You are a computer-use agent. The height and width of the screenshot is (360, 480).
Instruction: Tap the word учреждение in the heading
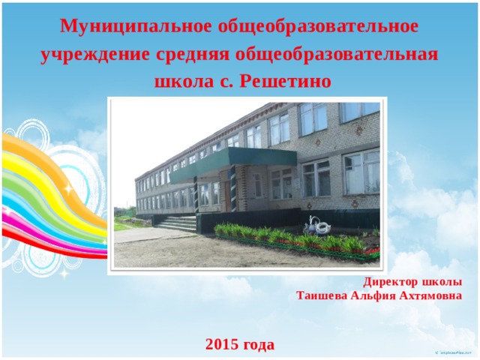[x=95, y=55]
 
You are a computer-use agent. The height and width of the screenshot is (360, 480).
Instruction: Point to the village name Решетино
[x=285, y=82]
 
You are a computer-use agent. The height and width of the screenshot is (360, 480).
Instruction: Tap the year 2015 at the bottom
[x=222, y=344]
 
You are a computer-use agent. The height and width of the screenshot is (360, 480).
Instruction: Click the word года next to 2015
[x=259, y=345]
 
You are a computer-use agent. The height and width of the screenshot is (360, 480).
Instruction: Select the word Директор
[x=390, y=282]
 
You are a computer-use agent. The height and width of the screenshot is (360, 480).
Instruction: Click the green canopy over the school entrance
[x=233, y=163]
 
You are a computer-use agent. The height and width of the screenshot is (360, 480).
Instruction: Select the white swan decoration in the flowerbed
[x=317, y=226]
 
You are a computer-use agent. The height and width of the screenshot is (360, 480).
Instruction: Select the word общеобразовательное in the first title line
[x=318, y=27]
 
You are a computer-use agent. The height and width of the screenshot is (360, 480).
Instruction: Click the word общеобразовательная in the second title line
[x=337, y=55]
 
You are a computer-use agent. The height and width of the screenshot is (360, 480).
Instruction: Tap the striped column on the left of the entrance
[x=196, y=194]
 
